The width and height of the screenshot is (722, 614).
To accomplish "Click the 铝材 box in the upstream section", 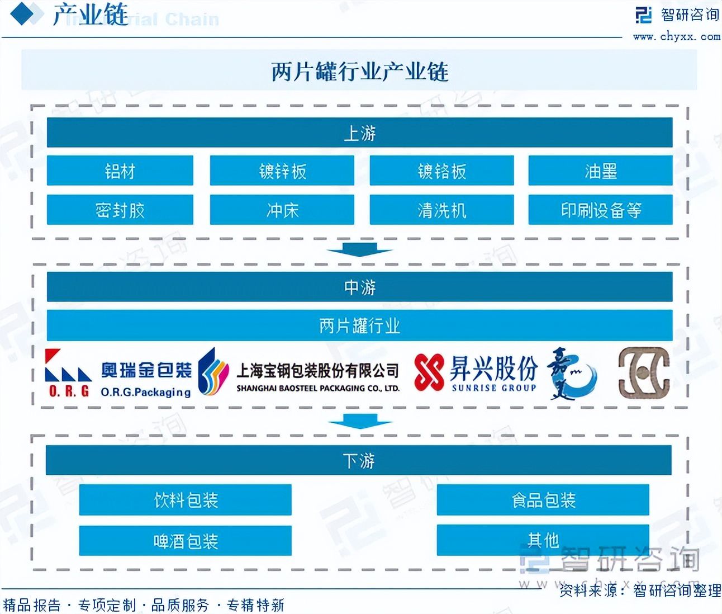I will click(120, 171).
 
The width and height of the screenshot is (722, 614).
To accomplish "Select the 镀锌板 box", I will click(282, 171).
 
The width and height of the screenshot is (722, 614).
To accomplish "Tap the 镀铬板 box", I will click(441, 171).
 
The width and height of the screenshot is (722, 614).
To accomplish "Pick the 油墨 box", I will click(600, 171).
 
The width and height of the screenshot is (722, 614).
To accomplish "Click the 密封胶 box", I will click(120, 210).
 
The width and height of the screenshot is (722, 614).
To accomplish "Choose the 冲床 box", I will click(282, 210).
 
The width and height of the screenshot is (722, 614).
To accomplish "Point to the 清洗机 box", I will click(441, 210).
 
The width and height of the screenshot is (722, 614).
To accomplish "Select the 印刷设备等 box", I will click(600, 210).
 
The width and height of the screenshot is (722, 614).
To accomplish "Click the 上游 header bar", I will click(359, 133).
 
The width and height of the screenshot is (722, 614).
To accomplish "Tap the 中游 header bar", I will click(359, 287).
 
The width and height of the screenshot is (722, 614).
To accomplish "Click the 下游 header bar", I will click(358, 460).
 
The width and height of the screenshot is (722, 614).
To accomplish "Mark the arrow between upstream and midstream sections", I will click(359, 249).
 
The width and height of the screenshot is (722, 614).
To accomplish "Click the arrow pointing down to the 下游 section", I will click(359, 422).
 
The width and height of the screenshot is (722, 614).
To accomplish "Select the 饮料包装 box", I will click(185, 499).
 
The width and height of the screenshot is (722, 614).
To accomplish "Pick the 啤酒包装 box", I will click(185, 540).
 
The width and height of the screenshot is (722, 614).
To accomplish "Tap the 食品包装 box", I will click(543, 499).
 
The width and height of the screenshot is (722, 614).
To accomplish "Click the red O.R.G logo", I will click(68, 373).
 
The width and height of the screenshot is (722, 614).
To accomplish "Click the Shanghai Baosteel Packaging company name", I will click(317, 376).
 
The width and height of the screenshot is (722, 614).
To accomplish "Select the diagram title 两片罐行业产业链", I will click(359, 71).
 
